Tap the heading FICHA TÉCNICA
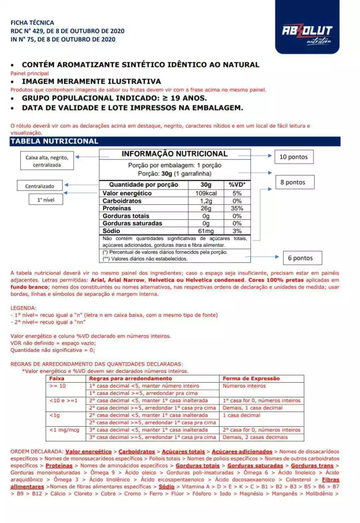tap(32, 23)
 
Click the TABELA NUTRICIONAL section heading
tap(54, 141)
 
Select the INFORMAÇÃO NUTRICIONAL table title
tap(175, 154)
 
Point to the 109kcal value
tap(206, 193)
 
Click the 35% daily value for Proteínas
tap(237, 208)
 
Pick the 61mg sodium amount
tap(206, 231)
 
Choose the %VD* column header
tap(237, 185)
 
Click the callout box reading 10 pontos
tap(294, 157)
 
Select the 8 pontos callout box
tap(295, 182)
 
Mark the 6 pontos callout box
tap(302, 258)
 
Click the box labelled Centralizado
tap(40, 186)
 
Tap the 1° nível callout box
tap(46, 200)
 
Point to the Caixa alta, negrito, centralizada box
tap(47, 161)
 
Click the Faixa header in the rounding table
tap(57, 378)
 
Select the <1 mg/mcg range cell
tap(64, 430)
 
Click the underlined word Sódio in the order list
tap(166, 486)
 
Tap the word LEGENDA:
tap(24, 308)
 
